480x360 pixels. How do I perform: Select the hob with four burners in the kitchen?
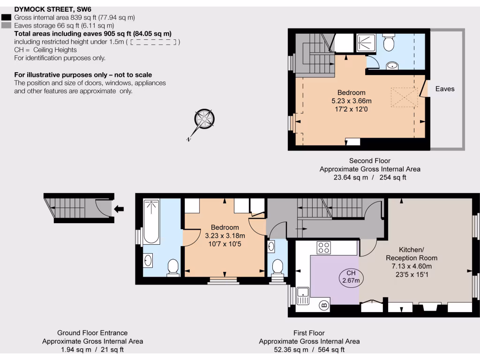[324, 247]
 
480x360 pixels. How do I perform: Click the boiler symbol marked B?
[324, 306]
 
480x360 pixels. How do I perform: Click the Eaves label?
[445, 89]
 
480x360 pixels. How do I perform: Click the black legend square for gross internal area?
[7, 17]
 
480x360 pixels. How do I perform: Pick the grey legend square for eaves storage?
[7, 25]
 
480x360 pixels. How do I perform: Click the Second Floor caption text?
[370, 161]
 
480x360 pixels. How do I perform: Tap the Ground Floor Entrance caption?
[92, 333]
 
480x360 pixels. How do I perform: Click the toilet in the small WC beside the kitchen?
[277, 267]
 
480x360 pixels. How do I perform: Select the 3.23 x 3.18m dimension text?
[225, 236]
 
